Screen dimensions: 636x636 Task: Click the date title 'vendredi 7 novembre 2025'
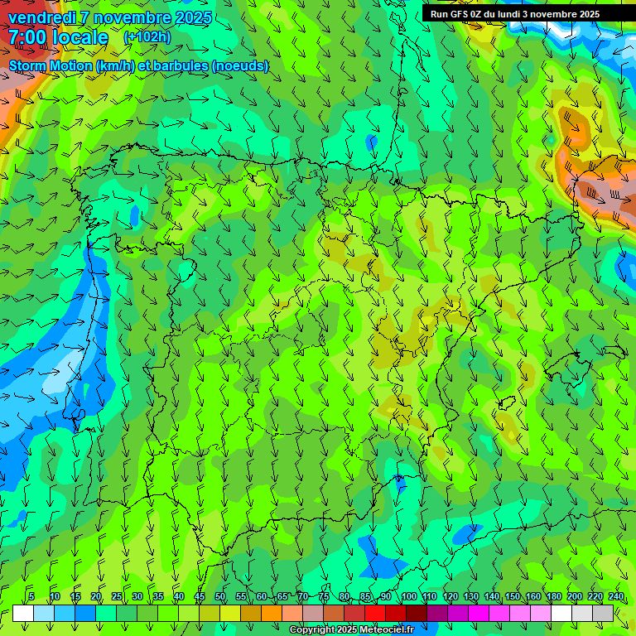point(110,17)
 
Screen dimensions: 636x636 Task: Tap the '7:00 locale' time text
point(58,37)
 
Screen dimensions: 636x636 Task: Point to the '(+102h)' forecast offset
point(147,36)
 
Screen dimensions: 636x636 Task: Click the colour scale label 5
point(31,596)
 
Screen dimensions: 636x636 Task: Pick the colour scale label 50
point(220,596)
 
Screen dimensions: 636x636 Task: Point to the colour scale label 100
point(408,596)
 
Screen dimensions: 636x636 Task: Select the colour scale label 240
point(616,596)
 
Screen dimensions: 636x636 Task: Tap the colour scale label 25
point(117,596)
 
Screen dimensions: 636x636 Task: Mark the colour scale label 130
point(471,596)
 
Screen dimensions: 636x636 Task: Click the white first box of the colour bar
point(23,613)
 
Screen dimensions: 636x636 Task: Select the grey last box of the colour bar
point(603,613)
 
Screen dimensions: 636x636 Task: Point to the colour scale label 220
point(595,596)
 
